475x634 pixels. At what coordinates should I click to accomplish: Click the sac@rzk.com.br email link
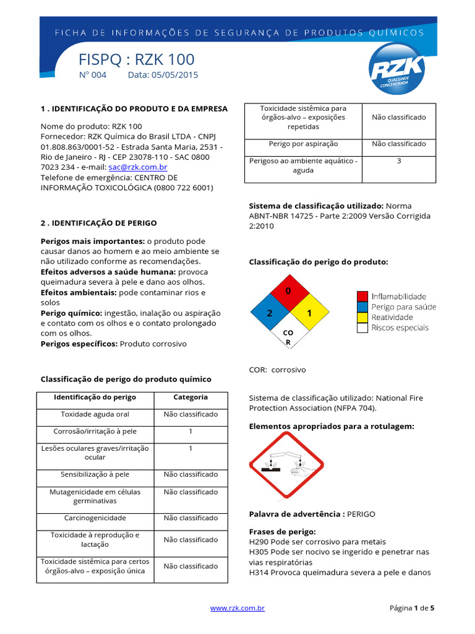(137, 167)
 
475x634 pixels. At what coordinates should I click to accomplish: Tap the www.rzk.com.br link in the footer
(237, 608)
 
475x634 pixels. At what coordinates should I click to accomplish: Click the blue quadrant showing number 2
(269, 313)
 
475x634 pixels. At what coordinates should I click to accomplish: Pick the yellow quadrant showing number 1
(309, 313)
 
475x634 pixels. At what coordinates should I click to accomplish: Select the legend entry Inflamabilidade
(398, 297)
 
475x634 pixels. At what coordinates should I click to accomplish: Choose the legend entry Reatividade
(393, 317)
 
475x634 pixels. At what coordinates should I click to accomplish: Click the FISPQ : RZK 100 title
(137, 59)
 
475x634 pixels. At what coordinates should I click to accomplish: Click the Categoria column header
(190, 397)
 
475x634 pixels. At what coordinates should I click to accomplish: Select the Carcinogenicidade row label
(95, 518)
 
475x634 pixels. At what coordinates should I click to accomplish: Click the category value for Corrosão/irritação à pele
(190, 431)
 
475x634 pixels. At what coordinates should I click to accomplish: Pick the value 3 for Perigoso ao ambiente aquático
(399, 161)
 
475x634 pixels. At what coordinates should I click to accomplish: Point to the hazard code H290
(259, 542)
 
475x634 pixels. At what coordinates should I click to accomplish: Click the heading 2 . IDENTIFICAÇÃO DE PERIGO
(99, 223)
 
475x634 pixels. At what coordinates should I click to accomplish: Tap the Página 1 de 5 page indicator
(412, 608)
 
